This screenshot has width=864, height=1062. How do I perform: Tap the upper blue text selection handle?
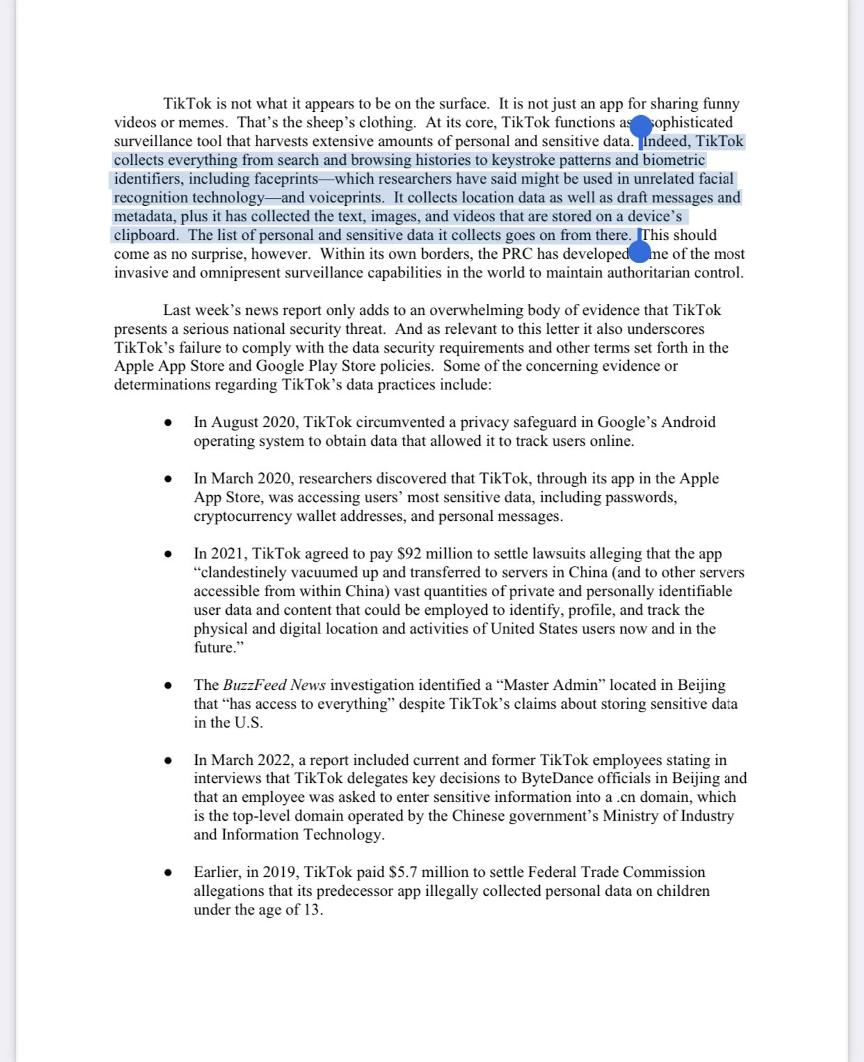point(641,127)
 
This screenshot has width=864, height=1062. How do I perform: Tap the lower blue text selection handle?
point(639,252)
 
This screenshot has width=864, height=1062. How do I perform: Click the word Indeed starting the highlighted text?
point(665,142)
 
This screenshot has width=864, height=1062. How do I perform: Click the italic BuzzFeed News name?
point(274,686)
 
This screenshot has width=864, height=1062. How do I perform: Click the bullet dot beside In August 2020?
point(168,423)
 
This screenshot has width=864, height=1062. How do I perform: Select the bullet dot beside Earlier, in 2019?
point(168,873)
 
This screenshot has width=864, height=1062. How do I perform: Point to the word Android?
point(688,423)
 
